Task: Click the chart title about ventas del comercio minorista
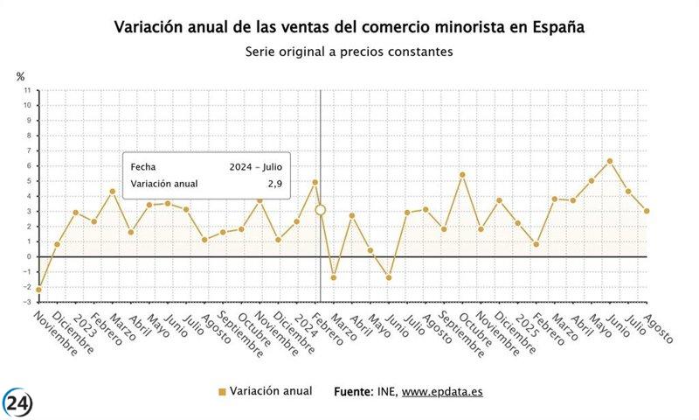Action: point(349,27)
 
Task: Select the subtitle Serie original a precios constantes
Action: point(349,52)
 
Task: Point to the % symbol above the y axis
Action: point(20,77)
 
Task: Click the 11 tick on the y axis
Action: point(28,90)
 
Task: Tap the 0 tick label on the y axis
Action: point(30,256)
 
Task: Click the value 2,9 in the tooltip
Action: point(274,184)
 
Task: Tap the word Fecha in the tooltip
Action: point(144,166)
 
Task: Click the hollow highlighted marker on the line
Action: point(321,210)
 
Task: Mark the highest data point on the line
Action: point(610,161)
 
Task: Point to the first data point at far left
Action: point(38,289)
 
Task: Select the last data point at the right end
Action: point(647,211)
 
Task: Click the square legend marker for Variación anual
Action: point(222,392)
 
